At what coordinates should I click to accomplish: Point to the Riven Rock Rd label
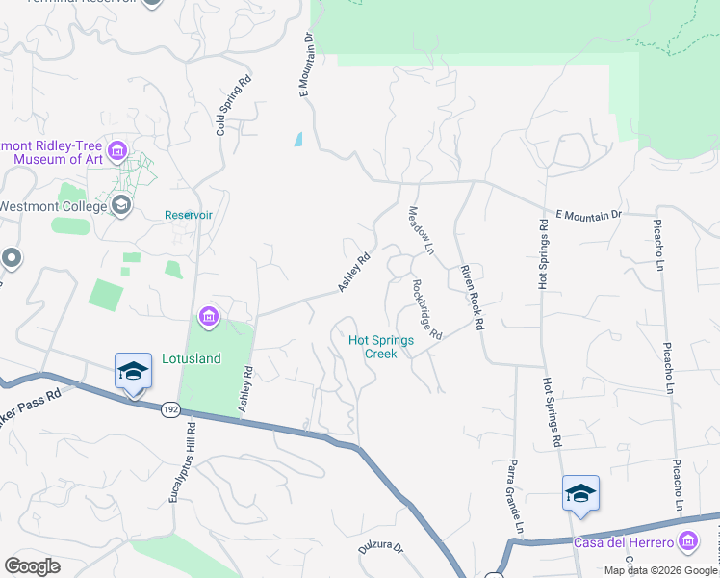[471, 297]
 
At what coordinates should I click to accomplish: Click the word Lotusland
[191, 359]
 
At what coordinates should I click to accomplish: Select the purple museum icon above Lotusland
[208, 316]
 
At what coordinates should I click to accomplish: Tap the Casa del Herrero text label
[624, 542]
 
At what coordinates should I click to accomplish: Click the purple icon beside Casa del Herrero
[688, 542]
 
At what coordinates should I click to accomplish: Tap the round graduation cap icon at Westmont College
[121, 204]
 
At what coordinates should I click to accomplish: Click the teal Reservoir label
[187, 215]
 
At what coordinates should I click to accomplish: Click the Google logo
[32, 566]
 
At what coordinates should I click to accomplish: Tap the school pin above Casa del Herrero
[580, 494]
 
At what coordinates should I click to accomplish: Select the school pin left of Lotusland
[133, 372]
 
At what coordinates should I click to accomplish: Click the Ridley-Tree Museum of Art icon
[117, 150]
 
